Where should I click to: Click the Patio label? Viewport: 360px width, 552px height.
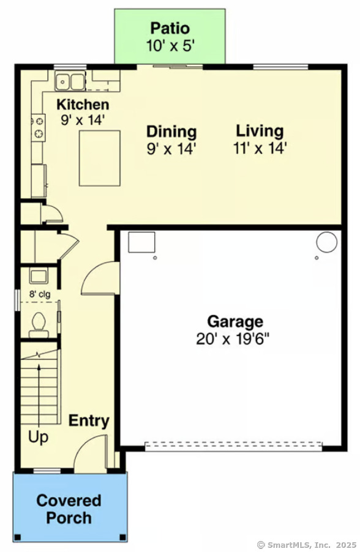click(x=170, y=28)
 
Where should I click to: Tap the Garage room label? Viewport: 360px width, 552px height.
click(x=234, y=321)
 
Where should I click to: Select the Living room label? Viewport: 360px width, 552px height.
click(x=260, y=131)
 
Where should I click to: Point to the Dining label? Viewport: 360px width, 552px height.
click(x=171, y=132)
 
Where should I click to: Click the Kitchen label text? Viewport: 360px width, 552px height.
click(x=83, y=105)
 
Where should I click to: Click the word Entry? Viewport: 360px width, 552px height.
click(x=89, y=421)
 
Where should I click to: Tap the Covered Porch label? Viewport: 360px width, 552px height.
click(x=69, y=509)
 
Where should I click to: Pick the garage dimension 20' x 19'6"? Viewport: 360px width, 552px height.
click(x=233, y=338)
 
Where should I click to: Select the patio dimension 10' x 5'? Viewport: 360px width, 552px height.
click(x=170, y=45)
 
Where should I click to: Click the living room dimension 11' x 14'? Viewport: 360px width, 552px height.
click(x=260, y=148)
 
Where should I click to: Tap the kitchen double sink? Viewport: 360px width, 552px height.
click(x=70, y=81)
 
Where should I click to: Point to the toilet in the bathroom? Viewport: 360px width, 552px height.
click(x=39, y=322)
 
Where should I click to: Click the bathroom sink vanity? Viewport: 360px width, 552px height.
click(x=39, y=277)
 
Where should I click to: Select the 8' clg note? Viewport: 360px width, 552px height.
click(x=40, y=294)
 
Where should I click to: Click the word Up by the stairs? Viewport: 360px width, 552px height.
click(x=38, y=438)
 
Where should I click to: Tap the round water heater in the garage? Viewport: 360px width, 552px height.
click(x=326, y=242)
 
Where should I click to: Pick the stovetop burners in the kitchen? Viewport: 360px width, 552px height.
click(x=38, y=127)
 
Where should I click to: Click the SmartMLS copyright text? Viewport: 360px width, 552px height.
click(x=306, y=544)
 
